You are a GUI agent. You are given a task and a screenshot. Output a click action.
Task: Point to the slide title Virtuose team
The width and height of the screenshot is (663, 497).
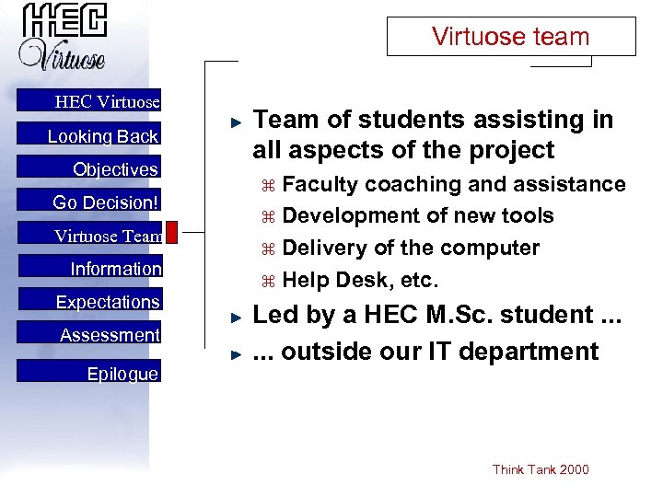(510, 37)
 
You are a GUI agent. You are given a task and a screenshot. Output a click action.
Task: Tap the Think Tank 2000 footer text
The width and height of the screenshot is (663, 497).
(541, 469)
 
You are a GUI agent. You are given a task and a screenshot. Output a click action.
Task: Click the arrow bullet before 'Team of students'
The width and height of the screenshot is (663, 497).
(236, 121)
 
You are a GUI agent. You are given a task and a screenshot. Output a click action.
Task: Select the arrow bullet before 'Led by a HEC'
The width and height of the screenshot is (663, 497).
(236, 316)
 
